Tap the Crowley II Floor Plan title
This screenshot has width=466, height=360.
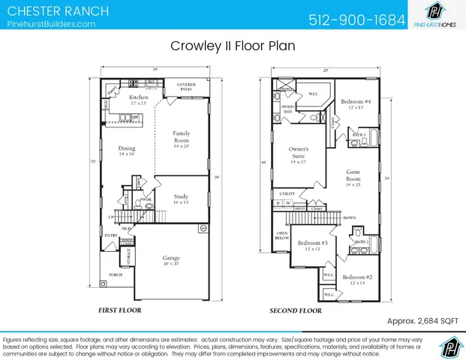(232, 46)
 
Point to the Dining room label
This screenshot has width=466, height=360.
(126, 150)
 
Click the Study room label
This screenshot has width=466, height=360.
(181, 199)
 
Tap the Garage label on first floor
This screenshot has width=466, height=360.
(171, 259)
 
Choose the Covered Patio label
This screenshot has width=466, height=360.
(186, 86)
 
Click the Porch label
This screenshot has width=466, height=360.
(116, 275)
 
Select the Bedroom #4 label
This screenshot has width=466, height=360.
(355, 103)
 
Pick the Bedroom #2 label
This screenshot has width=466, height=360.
(357, 279)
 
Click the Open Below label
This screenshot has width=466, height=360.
(282, 236)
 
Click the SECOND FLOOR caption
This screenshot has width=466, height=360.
(296, 310)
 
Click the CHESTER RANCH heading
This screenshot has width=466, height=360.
(57, 11)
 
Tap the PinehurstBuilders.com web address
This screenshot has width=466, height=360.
(50, 24)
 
